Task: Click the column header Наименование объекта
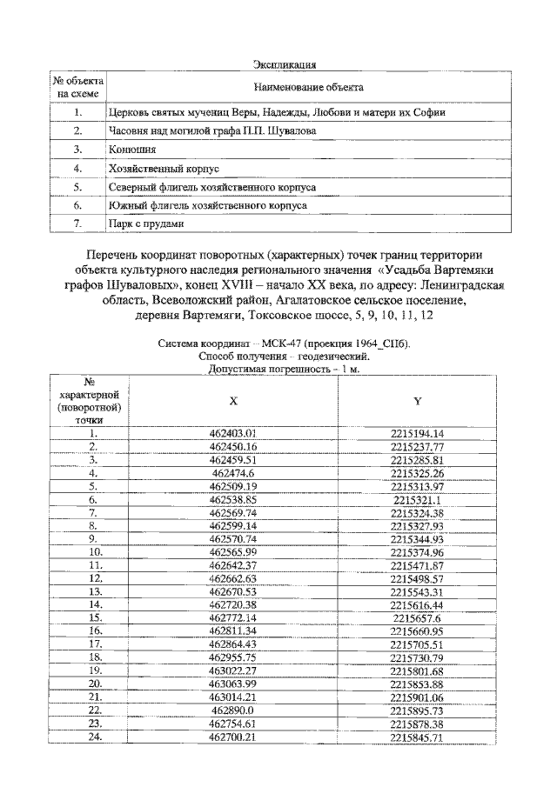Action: pyautogui.click(x=308, y=88)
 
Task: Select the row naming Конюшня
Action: pyautogui.click(x=127, y=149)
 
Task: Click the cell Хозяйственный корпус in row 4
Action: pyautogui.click(x=156, y=167)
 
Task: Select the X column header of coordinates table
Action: pyautogui.click(x=233, y=400)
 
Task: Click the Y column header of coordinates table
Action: pyautogui.click(x=417, y=400)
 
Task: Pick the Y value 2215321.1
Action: pyautogui.click(x=418, y=500)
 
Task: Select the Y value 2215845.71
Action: pyautogui.click(x=418, y=738)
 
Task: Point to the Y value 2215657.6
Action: pyautogui.click(x=418, y=617)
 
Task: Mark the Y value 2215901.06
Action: pyautogui.click(x=418, y=698)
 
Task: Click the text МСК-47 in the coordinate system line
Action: pyautogui.click(x=263, y=343)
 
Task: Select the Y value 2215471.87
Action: pyautogui.click(x=418, y=565)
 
